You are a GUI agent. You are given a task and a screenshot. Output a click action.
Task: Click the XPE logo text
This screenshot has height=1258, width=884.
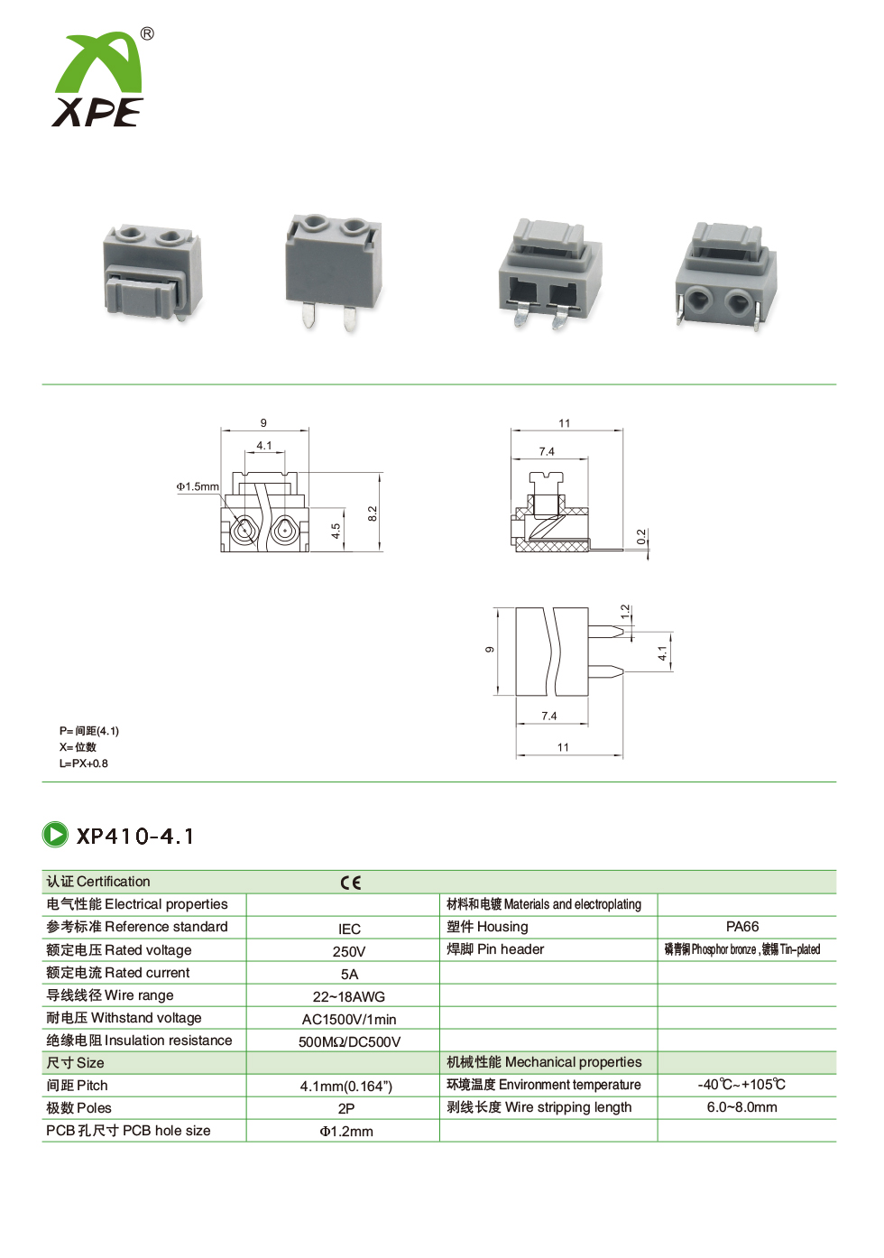click(97, 112)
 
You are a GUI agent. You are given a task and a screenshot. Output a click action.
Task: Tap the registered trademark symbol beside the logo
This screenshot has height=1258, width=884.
click(146, 34)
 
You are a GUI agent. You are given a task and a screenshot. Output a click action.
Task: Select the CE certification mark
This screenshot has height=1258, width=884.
click(351, 883)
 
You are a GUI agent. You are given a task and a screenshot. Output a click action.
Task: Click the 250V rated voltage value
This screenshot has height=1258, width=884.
click(348, 951)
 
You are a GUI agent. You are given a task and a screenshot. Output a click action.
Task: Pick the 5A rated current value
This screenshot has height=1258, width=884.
click(349, 974)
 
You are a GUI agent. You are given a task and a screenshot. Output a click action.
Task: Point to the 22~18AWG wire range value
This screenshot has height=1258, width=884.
click(348, 997)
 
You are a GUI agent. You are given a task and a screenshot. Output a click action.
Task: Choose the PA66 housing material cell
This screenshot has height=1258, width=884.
click(742, 927)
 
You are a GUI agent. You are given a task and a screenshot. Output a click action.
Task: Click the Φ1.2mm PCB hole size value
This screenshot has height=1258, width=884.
click(346, 1132)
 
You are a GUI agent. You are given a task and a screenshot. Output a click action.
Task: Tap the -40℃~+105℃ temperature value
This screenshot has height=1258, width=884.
click(741, 1085)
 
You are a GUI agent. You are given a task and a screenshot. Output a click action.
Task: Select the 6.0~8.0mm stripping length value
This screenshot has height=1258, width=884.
click(742, 1107)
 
